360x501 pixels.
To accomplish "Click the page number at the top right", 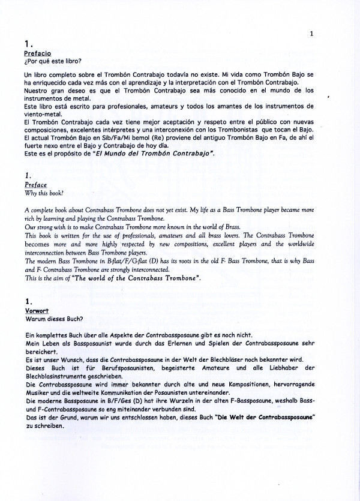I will tap(311, 34).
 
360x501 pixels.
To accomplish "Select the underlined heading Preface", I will tap(32, 186).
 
